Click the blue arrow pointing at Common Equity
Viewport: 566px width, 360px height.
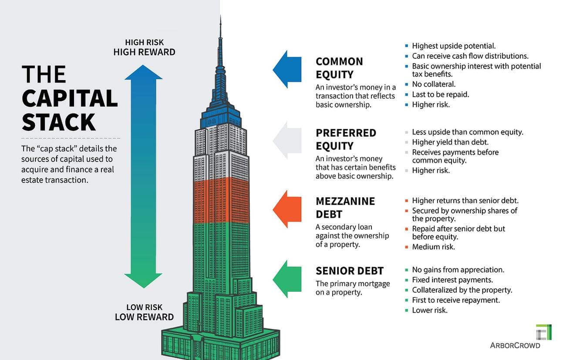pos(287,69)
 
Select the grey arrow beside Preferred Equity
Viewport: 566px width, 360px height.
pos(287,140)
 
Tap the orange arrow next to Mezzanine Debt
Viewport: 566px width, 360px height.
pos(287,209)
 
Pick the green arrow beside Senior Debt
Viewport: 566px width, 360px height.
pos(287,279)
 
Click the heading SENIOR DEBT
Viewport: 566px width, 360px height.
pos(350,271)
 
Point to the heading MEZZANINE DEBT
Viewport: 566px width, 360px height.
pos(345,208)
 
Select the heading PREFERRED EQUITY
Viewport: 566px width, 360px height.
pos(346,139)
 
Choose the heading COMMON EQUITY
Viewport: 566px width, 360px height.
pos(339,67)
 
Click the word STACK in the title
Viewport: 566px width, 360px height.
pos(58,121)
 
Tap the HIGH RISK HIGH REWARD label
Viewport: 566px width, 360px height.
pos(144,47)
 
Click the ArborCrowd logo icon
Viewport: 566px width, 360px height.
pos(544,332)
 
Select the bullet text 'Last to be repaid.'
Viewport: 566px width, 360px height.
pos(440,94)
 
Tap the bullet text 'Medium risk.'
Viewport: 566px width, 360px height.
pos(433,247)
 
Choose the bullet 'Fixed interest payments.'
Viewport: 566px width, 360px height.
pos(452,280)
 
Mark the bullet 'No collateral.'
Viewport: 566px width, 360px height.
pos(434,84)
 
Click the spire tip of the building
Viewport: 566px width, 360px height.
pos(220,18)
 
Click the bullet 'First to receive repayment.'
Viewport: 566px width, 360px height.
pos(456,300)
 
